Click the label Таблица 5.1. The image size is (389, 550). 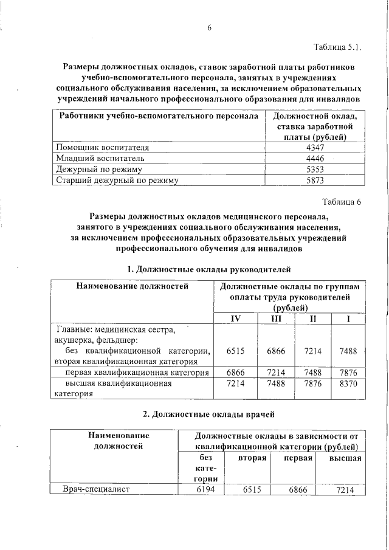click(x=337, y=47)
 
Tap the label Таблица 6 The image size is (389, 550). click(x=342, y=202)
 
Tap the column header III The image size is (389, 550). click(x=275, y=320)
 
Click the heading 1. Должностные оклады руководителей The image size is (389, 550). click(x=209, y=269)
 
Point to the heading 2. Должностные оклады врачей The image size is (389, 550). click(x=209, y=414)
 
